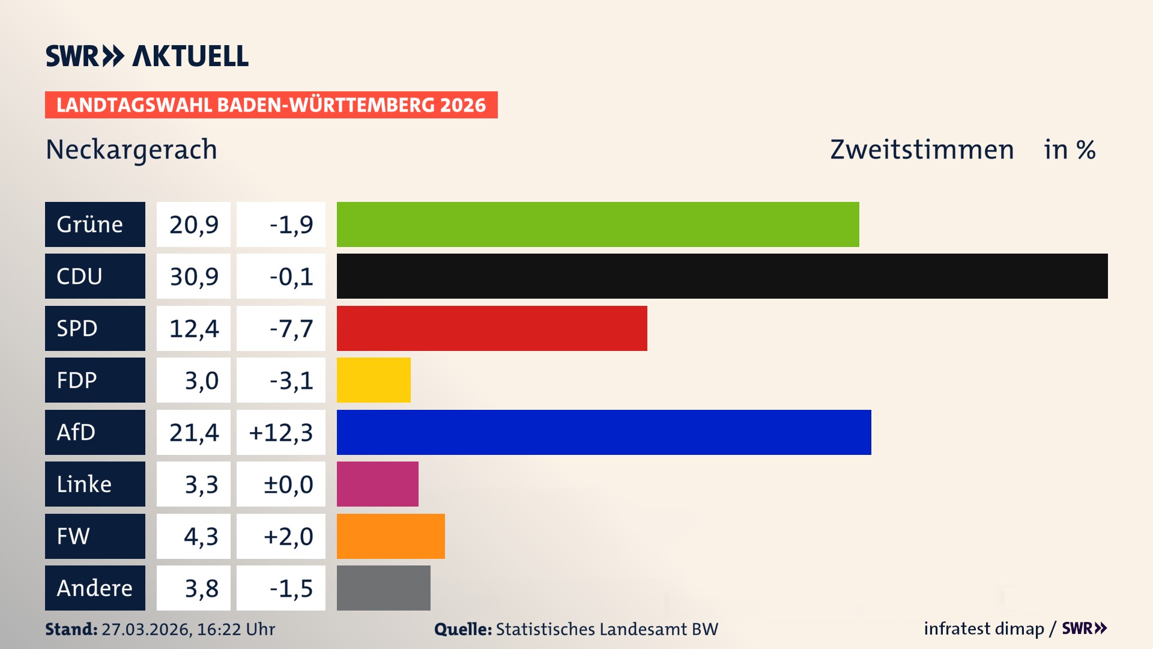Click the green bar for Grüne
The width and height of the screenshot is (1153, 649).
tap(598, 224)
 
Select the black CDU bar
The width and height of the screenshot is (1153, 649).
tap(722, 276)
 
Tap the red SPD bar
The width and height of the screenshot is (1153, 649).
tap(492, 328)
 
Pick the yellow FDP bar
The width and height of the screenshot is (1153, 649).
tap(374, 380)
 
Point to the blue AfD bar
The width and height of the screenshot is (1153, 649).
tap(604, 432)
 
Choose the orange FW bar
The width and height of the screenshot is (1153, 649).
tap(390, 536)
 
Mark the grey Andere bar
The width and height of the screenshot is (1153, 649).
tap(383, 588)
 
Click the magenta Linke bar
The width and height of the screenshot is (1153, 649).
tap(377, 484)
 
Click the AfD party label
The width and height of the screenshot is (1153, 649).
tap(95, 432)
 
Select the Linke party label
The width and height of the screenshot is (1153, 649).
tap(95, 484)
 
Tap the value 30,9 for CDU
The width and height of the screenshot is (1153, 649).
tap(193, 276)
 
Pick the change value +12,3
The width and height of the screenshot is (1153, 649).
tap(281, 433)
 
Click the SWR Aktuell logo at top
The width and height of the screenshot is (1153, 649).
tap(147, 56)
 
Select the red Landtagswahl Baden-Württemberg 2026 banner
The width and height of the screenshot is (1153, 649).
tap(271, 105)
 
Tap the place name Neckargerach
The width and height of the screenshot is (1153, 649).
tap(132, 150)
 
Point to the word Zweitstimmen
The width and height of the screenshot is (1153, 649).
tap(922, 150)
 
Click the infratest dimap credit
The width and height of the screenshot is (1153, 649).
tap(983, 629)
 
